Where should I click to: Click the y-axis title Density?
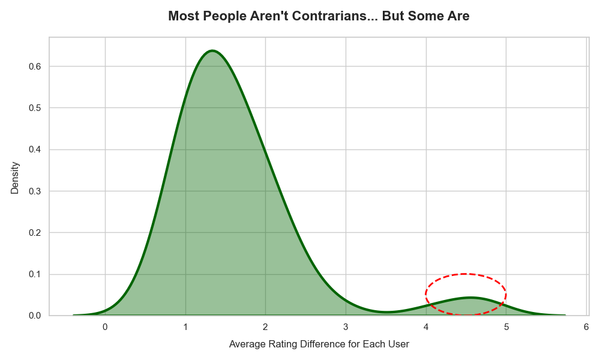(15, 175)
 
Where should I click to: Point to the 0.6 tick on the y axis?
(33, 66)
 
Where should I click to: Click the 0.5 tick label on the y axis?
(33, 108)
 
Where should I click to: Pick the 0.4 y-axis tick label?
(33, 150)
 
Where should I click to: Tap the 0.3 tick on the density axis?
(33, 191)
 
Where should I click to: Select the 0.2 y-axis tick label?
(33, 233)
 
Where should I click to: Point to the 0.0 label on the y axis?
(33, 316)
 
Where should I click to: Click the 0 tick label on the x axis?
(105, 327)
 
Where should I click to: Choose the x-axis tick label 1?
(185, 327)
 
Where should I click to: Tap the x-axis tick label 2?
(265, 327)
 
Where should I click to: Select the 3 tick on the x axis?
(346, 327)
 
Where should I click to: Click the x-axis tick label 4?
(426, 327)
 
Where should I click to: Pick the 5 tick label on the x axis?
(506, 327)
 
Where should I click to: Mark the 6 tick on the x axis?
(586, 327)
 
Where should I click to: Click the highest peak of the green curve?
(212, 51)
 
